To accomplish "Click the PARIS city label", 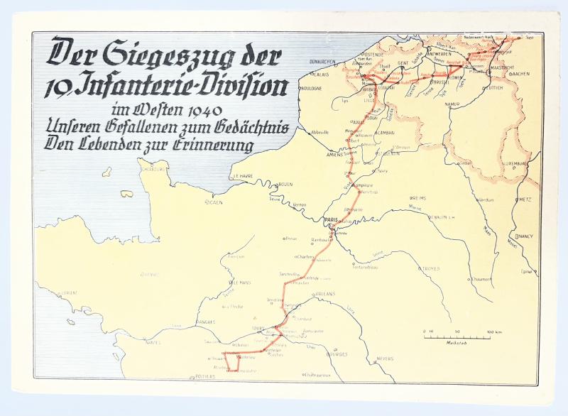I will click(330, 221).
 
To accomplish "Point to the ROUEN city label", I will click(286, 185).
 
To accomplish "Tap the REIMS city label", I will click(418, 198).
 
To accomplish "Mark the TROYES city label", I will click(431, 269).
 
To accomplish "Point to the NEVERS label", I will click(385, 358).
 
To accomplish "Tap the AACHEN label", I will click(520, 74).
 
